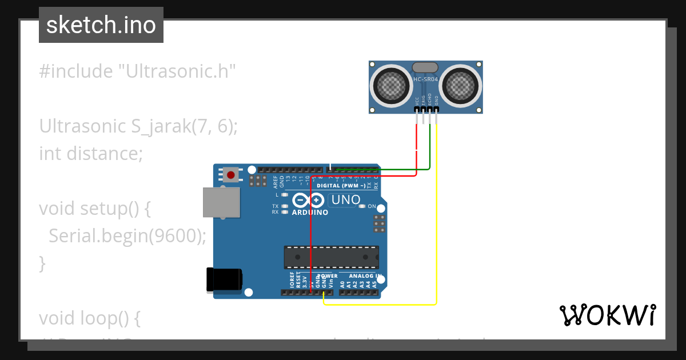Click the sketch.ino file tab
tap(101, 25)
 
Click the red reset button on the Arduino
tap(231, 175)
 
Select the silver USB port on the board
tap(221, 203)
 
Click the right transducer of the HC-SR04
tap(461, 86)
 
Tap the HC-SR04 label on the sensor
tap(426, 79)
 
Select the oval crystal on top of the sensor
tap(425, 67)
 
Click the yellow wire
tap(437, 229)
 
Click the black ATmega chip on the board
tap(332, 257)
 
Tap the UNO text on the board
tap(346, 200)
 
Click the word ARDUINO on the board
tap(310, 213)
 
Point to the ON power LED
tap(361, 206)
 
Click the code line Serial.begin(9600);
tap(122, 235)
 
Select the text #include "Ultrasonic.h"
tap(137, 71)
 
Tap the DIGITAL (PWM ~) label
tap(341, 186)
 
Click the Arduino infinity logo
tap(309, 200)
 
